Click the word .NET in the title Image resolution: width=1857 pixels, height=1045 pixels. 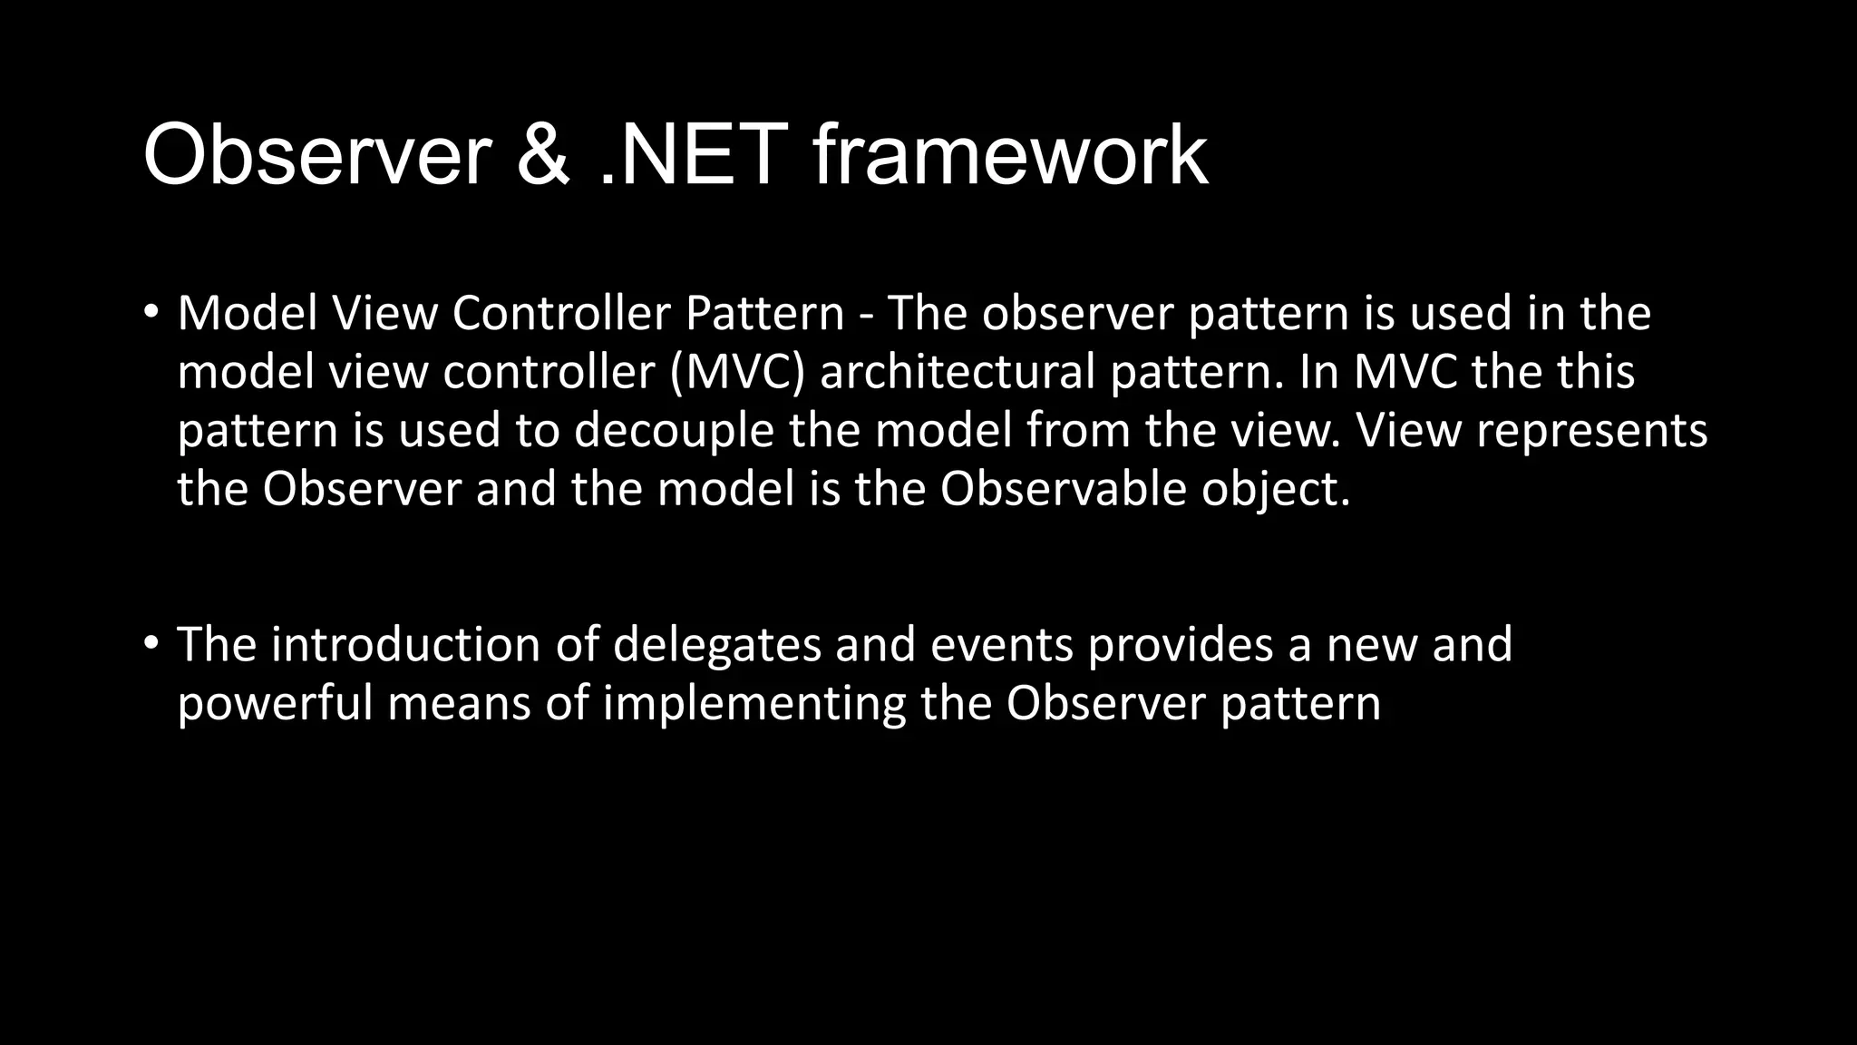point(693,156)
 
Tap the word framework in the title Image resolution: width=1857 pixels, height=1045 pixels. point(1009,156)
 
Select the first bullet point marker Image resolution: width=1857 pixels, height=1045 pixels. point(151,313)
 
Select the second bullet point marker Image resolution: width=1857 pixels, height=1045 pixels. point(151,644)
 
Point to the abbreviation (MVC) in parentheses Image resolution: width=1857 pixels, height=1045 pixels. point(737,372)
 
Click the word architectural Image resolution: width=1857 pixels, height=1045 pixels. point(958,372)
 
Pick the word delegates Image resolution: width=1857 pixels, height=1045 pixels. point(716,644)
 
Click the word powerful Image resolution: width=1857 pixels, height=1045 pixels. point(275,703)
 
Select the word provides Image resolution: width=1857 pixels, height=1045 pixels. point(1180,644)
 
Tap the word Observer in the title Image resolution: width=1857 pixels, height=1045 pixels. point(317,156)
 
